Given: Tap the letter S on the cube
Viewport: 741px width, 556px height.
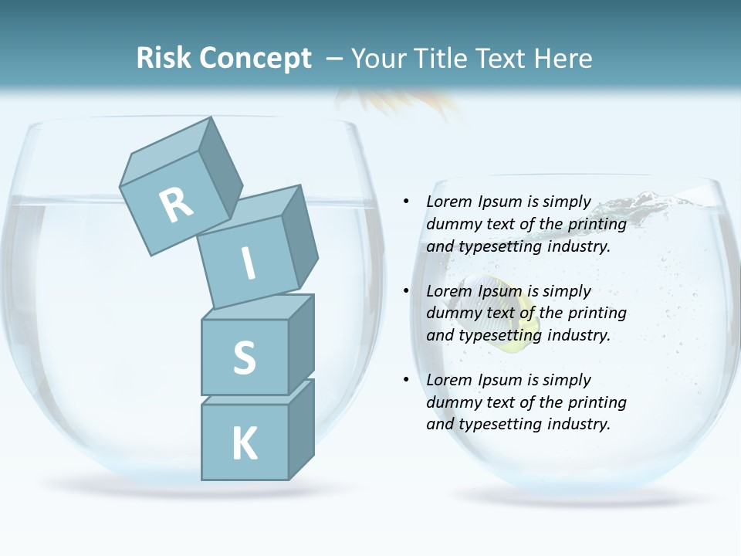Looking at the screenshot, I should (x=244, y=358).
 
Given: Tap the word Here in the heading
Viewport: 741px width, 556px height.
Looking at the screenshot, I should (x=562, y=58).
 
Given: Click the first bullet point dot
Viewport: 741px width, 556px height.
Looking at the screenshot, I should (x=407, y=202).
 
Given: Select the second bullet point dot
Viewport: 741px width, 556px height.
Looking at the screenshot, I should (x=407, y=291).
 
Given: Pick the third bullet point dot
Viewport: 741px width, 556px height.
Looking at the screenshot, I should (x=407, y=380).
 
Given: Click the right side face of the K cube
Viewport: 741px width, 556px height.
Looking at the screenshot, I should (x=301, y=429).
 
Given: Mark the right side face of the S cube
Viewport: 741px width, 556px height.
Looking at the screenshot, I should (x=301, y=344).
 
